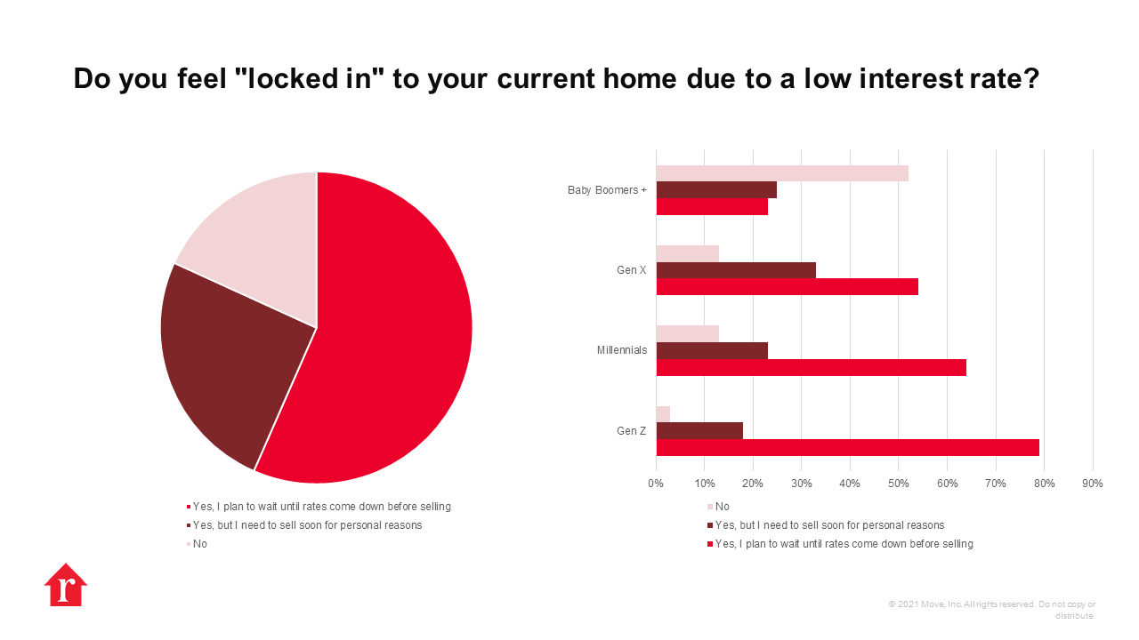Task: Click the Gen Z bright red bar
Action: tap(848, 447)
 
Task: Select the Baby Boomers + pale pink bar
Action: tap(782, 173)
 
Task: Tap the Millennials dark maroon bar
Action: tap(712, 350)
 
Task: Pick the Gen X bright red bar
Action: tap(788, 286)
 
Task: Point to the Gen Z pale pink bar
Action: tap(663, 414)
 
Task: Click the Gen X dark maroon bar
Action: tap(736, 270)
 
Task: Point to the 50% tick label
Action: tap(899, 484)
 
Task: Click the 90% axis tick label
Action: tap(1093, 484)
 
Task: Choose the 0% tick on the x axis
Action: tap(656, 484)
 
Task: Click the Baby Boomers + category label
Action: tap(607, 190)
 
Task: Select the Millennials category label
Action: tap(622, 350)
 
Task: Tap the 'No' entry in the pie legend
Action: tap(197, 544)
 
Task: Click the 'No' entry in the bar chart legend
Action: tap(718, 507)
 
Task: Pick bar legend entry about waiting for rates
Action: tap(840, 544)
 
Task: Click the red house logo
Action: tap(66, 585)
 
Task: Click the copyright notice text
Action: tap(992, 610)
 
